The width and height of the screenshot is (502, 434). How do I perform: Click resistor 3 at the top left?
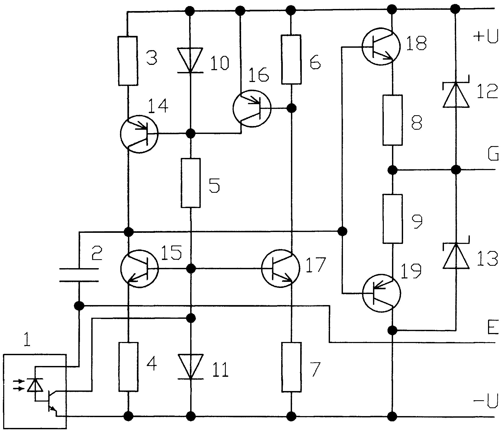[128, 61]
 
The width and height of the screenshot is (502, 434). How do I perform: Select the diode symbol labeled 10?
[190, 60]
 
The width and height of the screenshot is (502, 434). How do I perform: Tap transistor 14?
[139, 134]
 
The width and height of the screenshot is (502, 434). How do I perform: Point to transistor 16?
[252, 108]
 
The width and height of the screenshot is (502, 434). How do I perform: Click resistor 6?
[291, 60]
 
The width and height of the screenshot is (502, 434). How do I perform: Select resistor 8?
[393, 120]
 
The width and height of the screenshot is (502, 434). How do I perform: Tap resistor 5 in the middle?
[190, 183]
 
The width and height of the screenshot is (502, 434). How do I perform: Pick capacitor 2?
[79, 275]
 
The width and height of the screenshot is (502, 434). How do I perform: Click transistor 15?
[139, 268]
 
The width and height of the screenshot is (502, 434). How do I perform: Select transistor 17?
[281, 269]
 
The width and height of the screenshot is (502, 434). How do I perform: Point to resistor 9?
[393, 219]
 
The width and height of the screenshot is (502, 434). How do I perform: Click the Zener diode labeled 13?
[456, 256]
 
